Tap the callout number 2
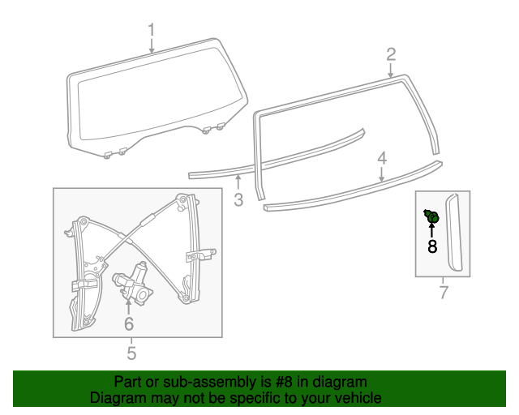(x=391, y=54)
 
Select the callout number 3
(x=238, y=199)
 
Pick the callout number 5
(x=131, y=353)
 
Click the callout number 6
(x=128, y=323)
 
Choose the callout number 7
(x=443, y=292)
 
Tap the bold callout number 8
(x=432, y=246)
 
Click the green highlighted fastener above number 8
(x=432, y=216)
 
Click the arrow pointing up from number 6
(x=128, y=306)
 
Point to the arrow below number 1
(x=152, y=46)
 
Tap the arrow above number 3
(x=238, y=182)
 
